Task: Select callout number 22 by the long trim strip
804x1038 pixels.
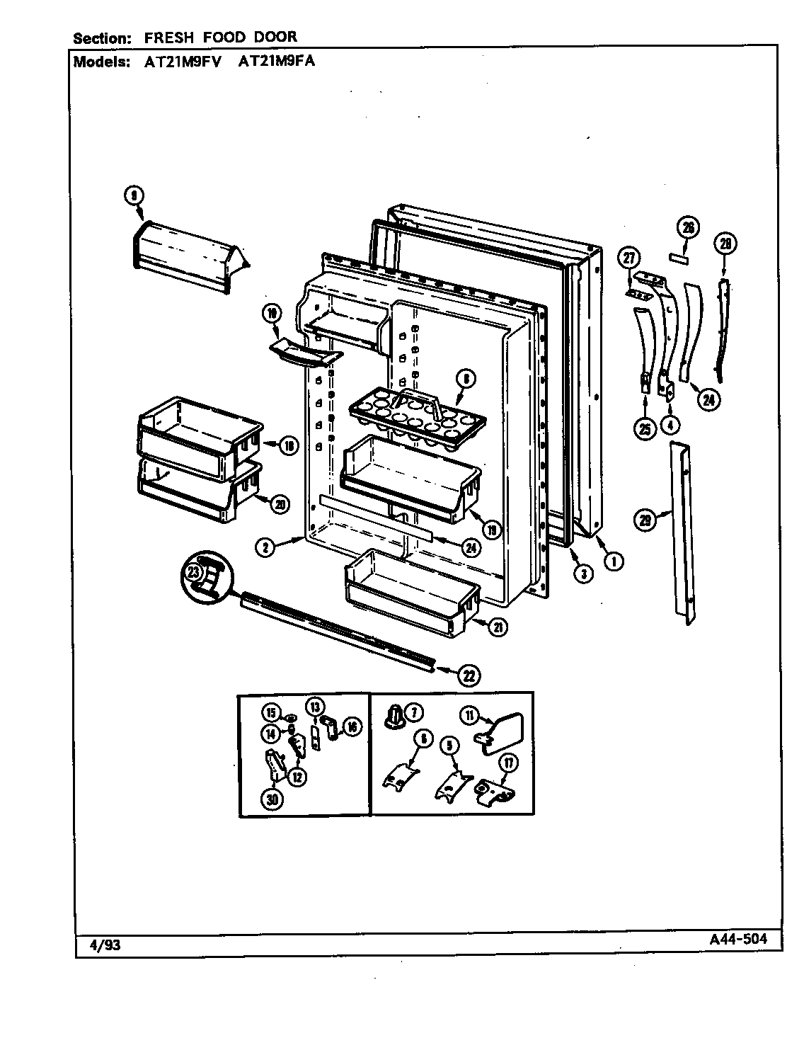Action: (x=468, y=675)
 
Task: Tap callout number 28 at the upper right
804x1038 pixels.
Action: (x=725, y=244)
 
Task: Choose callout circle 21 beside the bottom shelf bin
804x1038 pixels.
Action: (x=500, y=626)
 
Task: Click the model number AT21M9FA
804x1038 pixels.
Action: (x=277, y=62)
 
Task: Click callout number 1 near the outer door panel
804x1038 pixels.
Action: (x=614, y=561)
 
